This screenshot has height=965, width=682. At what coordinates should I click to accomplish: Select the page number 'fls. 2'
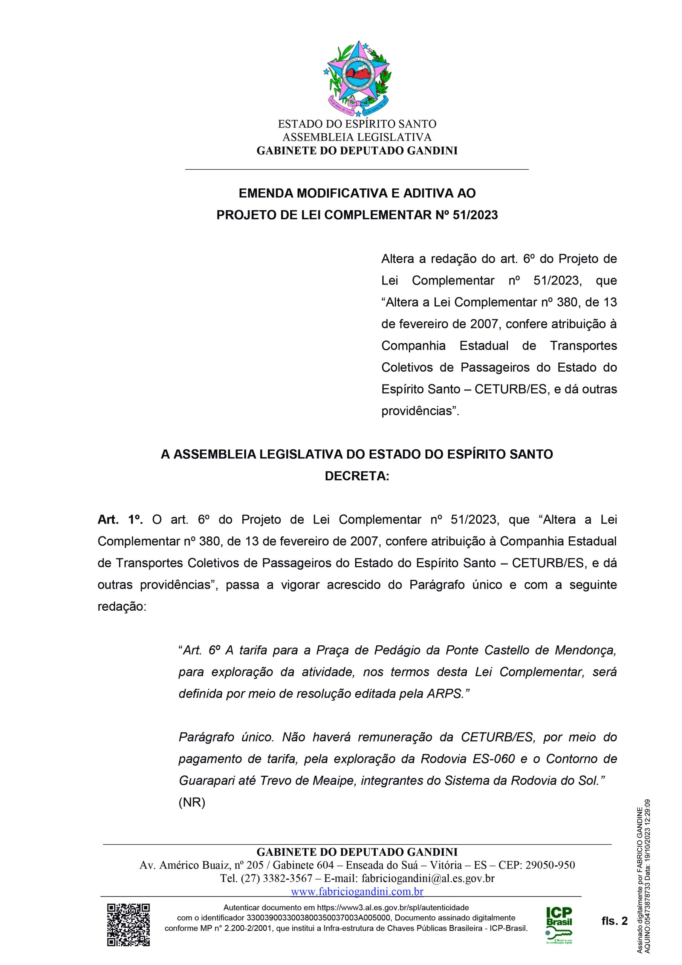[614, 921]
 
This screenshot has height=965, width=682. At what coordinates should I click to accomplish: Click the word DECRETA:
[357, 476]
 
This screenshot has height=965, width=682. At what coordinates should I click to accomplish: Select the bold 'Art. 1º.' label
[121, 520]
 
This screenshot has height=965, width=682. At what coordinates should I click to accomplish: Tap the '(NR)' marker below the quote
[192, 803]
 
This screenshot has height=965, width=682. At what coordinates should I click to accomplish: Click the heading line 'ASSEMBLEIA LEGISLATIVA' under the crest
[357, 137]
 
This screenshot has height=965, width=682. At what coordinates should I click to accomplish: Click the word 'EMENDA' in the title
[266, 193]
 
